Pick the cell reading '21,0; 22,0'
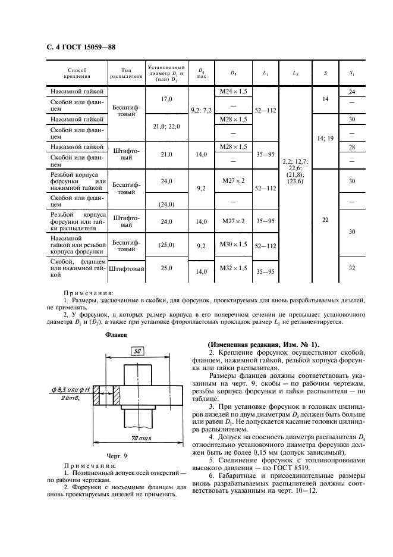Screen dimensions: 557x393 (x=166, y=127)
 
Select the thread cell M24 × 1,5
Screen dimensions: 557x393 (x=232, y=91)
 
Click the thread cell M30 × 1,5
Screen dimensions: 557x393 (x=232, y=243)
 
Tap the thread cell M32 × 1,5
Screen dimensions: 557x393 (x=232, y=268)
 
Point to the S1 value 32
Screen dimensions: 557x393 (x=352, y=268)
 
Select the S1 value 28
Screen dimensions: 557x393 (x=352, y=147)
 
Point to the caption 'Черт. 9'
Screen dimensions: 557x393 (x=116, y=455)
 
